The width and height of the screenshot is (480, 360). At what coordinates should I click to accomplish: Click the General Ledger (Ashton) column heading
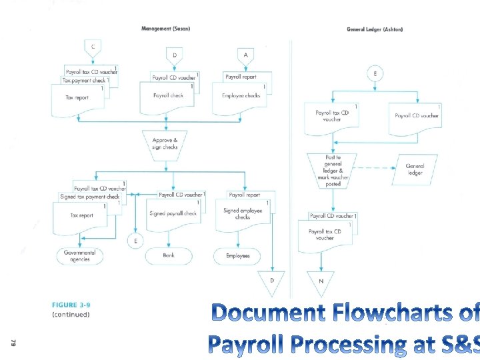(375, 29)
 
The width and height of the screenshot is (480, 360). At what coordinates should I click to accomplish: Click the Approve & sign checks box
(165, 143)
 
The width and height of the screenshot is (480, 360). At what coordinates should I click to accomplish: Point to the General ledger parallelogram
(415, 169)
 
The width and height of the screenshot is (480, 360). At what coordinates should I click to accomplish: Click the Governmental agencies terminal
(80, 255)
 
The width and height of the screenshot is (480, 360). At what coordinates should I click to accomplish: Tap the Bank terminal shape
(169, 256)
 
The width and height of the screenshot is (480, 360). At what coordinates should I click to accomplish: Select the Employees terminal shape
(237, 256)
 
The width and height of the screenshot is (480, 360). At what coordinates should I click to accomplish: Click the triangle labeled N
(321, 279)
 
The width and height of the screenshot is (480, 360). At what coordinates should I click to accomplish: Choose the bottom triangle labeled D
(271, 279)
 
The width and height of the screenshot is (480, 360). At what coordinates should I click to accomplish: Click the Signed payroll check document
(173, 215)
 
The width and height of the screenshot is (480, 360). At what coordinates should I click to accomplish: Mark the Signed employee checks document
(243, 214)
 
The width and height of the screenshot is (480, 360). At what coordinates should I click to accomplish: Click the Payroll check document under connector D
(168, 97)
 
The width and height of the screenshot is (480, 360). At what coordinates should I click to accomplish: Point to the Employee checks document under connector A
(241, 97)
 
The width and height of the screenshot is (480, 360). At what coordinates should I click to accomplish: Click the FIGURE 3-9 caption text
(71, 305)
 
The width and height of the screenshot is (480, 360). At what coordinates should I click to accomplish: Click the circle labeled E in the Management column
(135, 240)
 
